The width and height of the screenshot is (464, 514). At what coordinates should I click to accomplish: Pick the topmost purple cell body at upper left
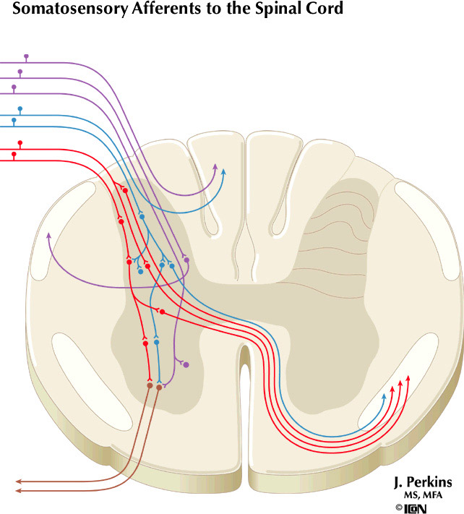tap(27, 56)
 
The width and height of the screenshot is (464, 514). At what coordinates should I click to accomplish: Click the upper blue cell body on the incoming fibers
tap(20, 109)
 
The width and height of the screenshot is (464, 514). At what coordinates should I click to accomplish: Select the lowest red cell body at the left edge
tap(14, 154)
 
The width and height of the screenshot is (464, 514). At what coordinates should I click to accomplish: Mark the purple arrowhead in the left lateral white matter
tap(48, 235)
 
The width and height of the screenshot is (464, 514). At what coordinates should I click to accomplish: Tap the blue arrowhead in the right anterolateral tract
tap(384, 395)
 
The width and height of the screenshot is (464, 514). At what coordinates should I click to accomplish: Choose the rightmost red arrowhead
tap(408, 377)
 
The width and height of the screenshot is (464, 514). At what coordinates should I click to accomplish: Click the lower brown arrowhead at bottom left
tap(18, 491)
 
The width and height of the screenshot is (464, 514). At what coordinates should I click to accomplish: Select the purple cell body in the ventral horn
tap(186, 365)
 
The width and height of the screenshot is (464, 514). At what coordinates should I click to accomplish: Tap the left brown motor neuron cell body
tap(150, 386)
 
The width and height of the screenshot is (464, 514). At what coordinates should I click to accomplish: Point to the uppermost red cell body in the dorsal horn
tap(125, 190)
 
